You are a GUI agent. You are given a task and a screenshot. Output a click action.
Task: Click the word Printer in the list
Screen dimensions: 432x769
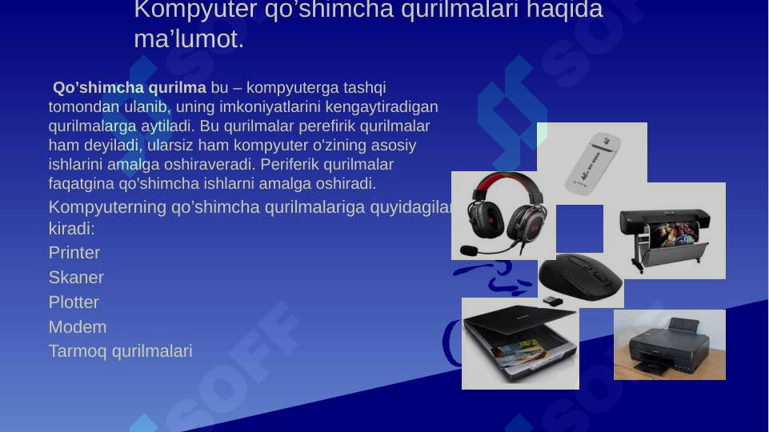coord(74,254)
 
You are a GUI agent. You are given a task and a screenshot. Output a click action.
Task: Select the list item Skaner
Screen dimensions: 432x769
coord(76,278)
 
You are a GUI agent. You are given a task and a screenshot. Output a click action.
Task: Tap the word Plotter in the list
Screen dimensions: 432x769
coord(74,303)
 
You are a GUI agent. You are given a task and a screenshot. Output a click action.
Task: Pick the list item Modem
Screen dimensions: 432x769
coord(77,328)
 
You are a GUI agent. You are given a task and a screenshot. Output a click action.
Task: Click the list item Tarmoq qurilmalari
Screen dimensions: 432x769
coord(120,351)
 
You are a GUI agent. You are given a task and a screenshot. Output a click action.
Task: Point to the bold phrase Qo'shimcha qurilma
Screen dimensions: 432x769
coord(129,87)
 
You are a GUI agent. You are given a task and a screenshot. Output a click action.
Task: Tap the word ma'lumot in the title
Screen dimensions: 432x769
coord(189,39)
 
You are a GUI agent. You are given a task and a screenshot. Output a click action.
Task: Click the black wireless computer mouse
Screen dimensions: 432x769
coord(580,277)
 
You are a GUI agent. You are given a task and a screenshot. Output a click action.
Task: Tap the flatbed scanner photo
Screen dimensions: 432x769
coord(520,344)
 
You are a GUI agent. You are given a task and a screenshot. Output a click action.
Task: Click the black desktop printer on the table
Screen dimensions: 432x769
coord(668,346)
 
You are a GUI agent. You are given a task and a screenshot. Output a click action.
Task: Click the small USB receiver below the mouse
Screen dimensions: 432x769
coord(552,301)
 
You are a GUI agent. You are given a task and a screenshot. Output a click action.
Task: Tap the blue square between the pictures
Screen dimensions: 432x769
coord(579,228)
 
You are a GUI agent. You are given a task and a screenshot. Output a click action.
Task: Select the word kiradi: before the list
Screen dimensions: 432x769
coord(71,229)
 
